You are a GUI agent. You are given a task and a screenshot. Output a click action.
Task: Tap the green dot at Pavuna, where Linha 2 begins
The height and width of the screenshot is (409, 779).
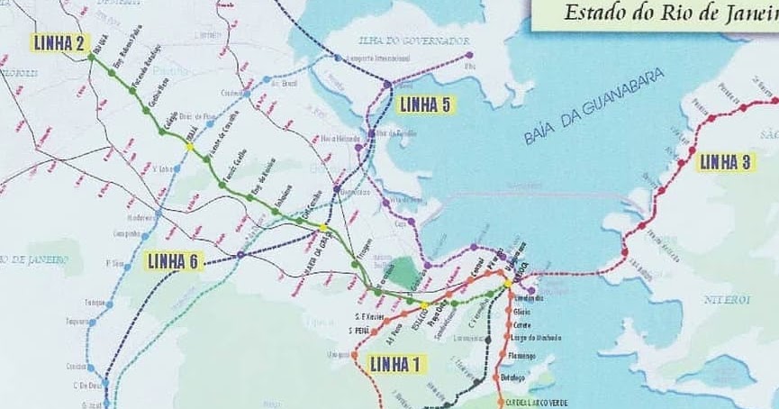click(x=91, y=57)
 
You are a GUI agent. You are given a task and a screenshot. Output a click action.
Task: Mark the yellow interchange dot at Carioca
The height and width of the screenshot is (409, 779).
click(x=508, y=283)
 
